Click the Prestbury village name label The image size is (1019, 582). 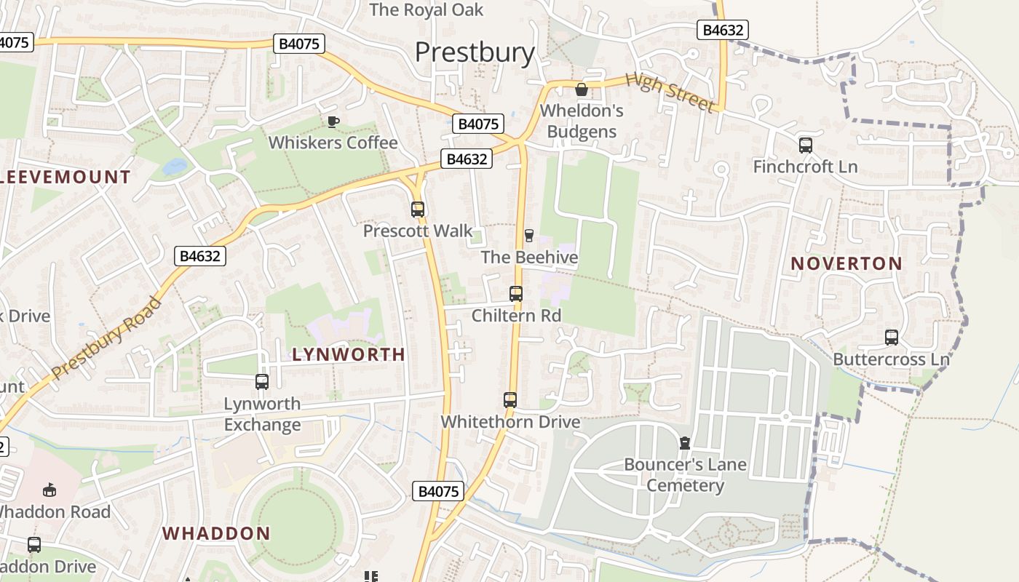475,52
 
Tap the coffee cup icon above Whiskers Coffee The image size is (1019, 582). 333,121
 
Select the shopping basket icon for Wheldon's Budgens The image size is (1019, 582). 582,89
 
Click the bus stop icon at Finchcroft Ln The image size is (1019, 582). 805,145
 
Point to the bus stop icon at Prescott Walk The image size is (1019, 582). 417,210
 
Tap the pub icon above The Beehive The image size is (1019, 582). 529,235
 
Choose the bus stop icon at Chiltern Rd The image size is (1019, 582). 516,294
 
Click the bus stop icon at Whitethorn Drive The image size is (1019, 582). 510,399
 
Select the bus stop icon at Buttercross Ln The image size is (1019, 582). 891,338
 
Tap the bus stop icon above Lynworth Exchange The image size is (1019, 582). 261,381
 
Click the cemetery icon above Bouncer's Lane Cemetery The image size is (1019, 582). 684,442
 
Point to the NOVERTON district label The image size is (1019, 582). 846,263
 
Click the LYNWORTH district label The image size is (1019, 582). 349,354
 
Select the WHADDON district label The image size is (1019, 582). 216,533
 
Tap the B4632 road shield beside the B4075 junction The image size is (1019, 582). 467,159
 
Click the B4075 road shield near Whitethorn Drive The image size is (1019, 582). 439,491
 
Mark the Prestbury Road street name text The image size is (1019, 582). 106,339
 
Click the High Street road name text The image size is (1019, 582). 670,92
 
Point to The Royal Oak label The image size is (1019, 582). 426,9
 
